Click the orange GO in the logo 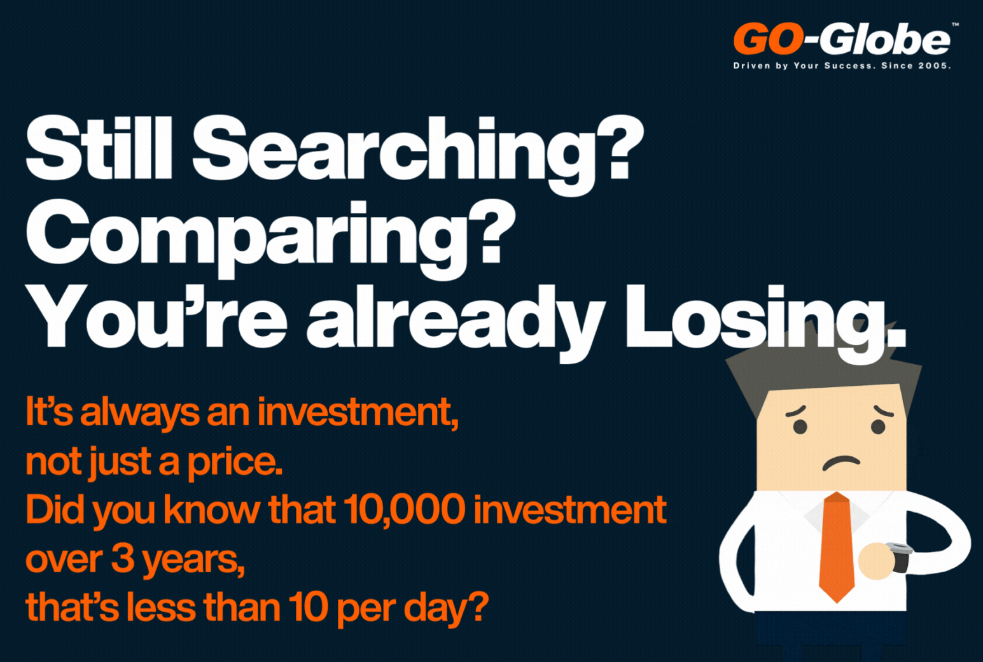(769, 39)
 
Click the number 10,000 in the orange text (404, 509)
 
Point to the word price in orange (235, 463)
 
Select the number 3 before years (123, 558)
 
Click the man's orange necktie (837, 547)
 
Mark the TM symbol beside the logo (956, 25)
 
